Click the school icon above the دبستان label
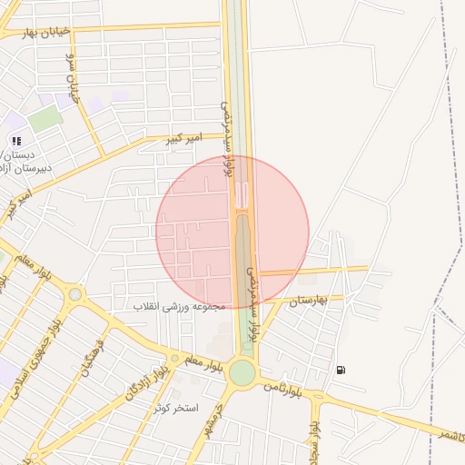click(16, 140)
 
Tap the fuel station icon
click(341, 370)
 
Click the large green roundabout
click(242, 372)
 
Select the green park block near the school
click(45, 118)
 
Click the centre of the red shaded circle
click(232, 232)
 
